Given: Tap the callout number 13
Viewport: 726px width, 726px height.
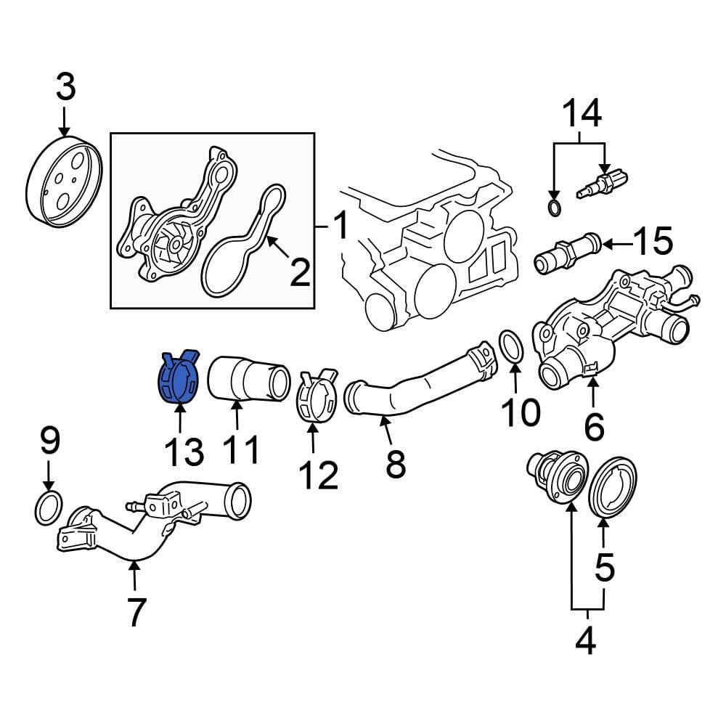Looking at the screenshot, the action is tap(184, 452).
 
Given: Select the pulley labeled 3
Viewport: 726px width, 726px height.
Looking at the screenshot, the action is tap(63, 182).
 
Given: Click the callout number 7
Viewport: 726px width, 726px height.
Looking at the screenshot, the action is tap(135, 611).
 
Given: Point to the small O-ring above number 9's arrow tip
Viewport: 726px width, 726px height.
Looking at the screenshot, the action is tap(49, 508).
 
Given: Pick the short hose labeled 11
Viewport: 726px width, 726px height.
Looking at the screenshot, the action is tap(248, 384).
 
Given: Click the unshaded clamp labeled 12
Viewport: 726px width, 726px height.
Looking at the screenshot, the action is tap(317, 396).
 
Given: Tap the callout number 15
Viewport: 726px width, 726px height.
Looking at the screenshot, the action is tap(653, 241).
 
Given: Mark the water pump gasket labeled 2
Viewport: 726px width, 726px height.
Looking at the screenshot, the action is tap(243, 240).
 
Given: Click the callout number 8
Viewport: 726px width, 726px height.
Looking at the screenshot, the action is tap(396, 463).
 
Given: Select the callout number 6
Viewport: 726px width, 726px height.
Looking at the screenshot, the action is tap(595, 427).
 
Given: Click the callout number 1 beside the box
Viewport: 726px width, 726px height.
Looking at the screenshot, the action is tap(340, 226).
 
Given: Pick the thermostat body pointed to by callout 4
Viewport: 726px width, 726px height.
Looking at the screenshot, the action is tap(558, 477).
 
